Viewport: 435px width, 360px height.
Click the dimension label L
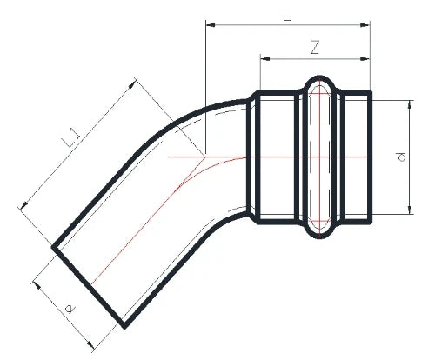[287, 14]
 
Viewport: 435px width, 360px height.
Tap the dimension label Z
[315, 48]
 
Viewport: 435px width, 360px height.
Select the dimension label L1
[71, 138]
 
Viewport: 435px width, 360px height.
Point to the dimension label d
[401, 157]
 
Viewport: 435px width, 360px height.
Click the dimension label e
[70, 309]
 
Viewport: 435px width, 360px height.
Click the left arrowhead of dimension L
[211, 25]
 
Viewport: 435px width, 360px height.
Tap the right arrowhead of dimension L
[365, 25]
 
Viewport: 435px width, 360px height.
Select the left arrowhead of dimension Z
[265, 59]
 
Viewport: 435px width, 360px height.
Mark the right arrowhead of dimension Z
[365, 59]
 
